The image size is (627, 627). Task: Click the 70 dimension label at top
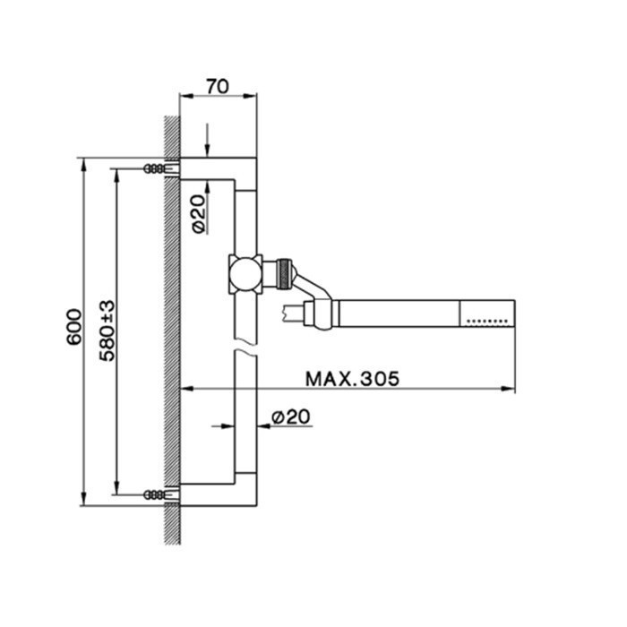click(218, 86)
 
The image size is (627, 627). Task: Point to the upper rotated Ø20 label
click(199, 215)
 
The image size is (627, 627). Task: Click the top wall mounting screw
click(159, 168)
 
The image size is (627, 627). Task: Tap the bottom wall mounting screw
click(159, 494)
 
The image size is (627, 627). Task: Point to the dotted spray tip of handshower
click(488, 316)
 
